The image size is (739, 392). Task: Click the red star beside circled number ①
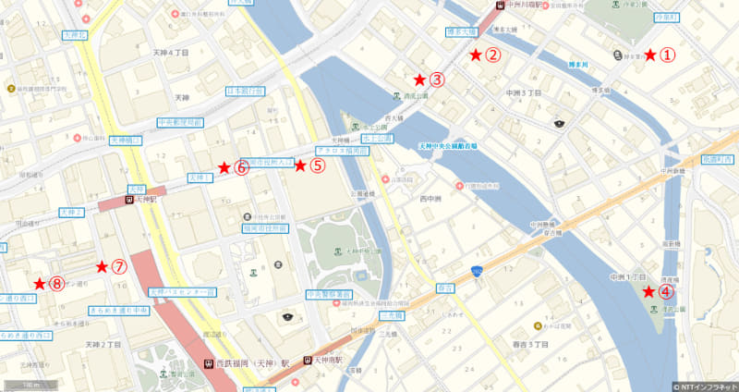650,55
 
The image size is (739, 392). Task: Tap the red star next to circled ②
476,55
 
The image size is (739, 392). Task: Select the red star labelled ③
419,80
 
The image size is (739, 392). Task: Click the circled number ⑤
317,166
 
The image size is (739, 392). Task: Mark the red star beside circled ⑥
240,168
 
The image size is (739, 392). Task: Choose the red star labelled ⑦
119,266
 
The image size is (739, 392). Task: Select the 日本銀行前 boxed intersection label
246,92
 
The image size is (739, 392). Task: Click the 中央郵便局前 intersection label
179,122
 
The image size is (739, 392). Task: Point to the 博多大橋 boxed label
460,31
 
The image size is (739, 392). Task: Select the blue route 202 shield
476,270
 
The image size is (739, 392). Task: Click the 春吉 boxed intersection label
444,288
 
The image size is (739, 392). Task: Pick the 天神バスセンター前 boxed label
181,292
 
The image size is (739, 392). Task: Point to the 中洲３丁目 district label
523,93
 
